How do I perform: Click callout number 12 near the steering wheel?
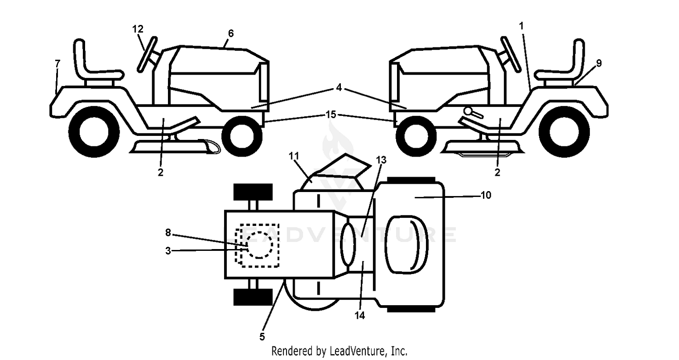(138, 29)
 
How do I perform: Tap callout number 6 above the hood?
(231, 34)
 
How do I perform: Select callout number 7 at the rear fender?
(57, 64)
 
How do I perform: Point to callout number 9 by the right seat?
(599, 63)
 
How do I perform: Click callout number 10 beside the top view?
(486, 195)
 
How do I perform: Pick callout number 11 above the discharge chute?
(294, 156)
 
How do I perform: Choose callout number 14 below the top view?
(360, 316)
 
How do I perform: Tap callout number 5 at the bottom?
(262, 336)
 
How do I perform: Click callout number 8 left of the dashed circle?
(168, 233)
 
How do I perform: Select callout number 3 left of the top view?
(168, 251)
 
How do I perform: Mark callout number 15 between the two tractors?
(331, 115)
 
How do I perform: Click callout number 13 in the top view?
(381, 160)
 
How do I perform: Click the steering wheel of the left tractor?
(147, 55)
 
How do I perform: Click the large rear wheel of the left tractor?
(94, 132)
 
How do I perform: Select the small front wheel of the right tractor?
(416, 136)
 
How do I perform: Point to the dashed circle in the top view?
(259, 245)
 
